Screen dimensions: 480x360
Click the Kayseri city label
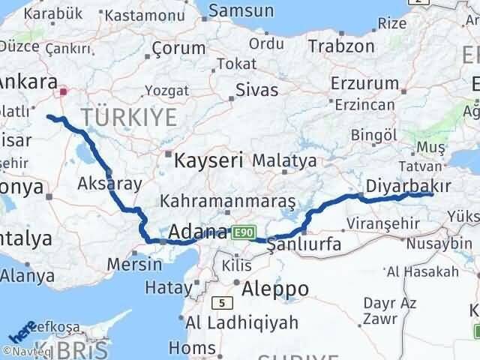click(x=208, y=160)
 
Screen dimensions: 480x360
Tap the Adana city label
click(x=199, y=232)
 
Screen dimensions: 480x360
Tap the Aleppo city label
click(x=275, y=289)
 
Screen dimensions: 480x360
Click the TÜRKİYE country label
click(x=129, y=116)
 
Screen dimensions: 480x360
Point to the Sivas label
click(x=256, y=90)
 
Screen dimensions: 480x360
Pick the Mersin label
click(x=133, y=264)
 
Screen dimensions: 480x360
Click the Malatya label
click(x=283, y=160)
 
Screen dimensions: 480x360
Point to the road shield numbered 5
click(x=222, y=303)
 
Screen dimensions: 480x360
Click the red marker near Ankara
click(x=64, y=92)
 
